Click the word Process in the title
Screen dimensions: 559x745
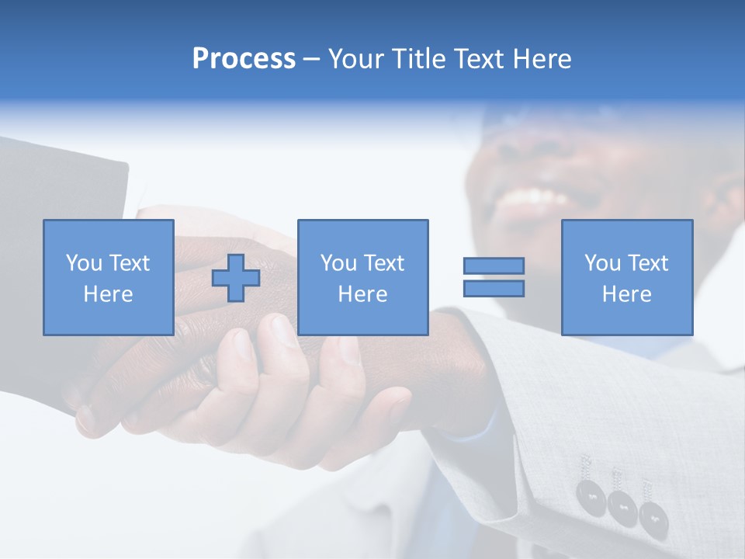coord(244,59)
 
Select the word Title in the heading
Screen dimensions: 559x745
coord(419,59)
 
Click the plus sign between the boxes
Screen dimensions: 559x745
coord(236,277)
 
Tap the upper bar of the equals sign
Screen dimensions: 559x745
coord(494,266)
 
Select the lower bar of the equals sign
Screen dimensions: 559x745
coord(494,289)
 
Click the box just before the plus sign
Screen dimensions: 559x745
coord(109,277)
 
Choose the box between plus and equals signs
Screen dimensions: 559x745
coord(362,277)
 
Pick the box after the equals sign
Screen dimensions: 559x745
coord(626,277)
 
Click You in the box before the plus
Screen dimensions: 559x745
coord(84,263)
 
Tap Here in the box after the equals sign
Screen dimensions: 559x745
coord(626,294)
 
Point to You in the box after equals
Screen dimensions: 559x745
coord(602,263)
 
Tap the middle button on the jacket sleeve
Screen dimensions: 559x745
coord(622,505)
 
